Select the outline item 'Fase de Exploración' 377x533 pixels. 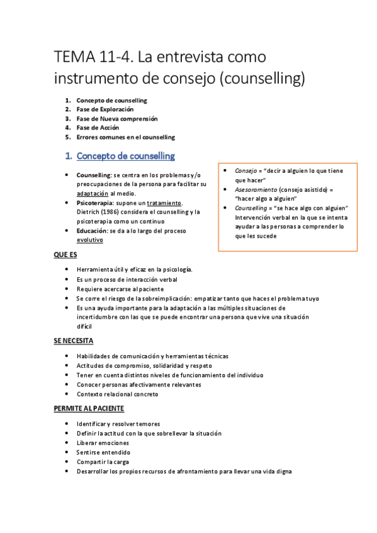point(105,109)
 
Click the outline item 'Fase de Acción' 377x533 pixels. point(98,128)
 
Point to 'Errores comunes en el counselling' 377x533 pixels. point(125,137)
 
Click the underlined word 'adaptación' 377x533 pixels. point(96,194)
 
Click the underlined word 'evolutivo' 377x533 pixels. point(90,240)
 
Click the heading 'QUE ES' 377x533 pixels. point(65,256)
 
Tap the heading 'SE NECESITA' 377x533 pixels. point(73,341)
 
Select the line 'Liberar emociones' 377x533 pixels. point(103,442)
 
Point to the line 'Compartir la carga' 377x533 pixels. point(103,461)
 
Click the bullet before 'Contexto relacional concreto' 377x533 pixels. point(68,394)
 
